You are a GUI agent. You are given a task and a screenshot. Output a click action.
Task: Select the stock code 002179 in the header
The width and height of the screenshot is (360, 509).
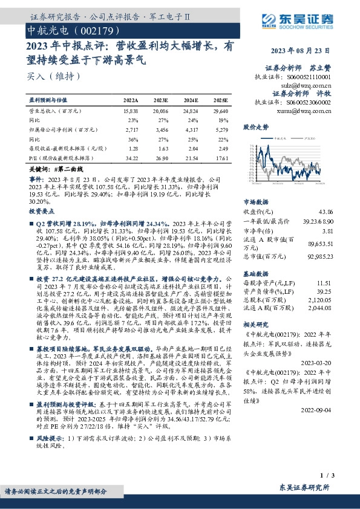click(x=93, y=30)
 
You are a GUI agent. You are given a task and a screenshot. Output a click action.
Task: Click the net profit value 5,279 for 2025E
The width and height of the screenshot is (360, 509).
click(x=221, y=129)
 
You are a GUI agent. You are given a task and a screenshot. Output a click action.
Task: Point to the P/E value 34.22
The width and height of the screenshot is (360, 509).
click(x=131, y=158)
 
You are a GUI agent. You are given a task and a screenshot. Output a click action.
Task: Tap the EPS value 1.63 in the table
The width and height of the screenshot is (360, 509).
click(x=162, y=148)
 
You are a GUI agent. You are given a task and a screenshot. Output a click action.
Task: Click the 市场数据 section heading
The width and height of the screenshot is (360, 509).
click(x=255, y=203)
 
